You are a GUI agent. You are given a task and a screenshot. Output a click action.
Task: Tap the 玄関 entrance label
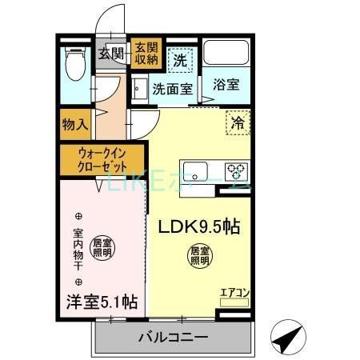pyautogui.click(x=111, y=54)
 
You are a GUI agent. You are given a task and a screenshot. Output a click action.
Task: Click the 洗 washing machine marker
pyautogui.click(x=181, y=58)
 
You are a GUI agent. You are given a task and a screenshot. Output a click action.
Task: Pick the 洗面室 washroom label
pyautogui.click(x=172, y=89)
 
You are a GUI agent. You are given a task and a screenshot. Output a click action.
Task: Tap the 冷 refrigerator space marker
pyautogui.click(x=238, y=123)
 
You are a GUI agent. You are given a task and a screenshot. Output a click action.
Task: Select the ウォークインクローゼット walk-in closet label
pyautogui.click(x=101, y=160)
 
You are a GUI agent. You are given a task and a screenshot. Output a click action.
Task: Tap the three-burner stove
pyautogui.click(x=236, y=170)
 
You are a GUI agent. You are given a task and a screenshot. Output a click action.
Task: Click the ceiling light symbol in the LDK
pyautogui.click(x=199, y=255)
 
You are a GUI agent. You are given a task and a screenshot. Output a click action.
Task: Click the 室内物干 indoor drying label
pyautogui.click(x=78, y=249)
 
